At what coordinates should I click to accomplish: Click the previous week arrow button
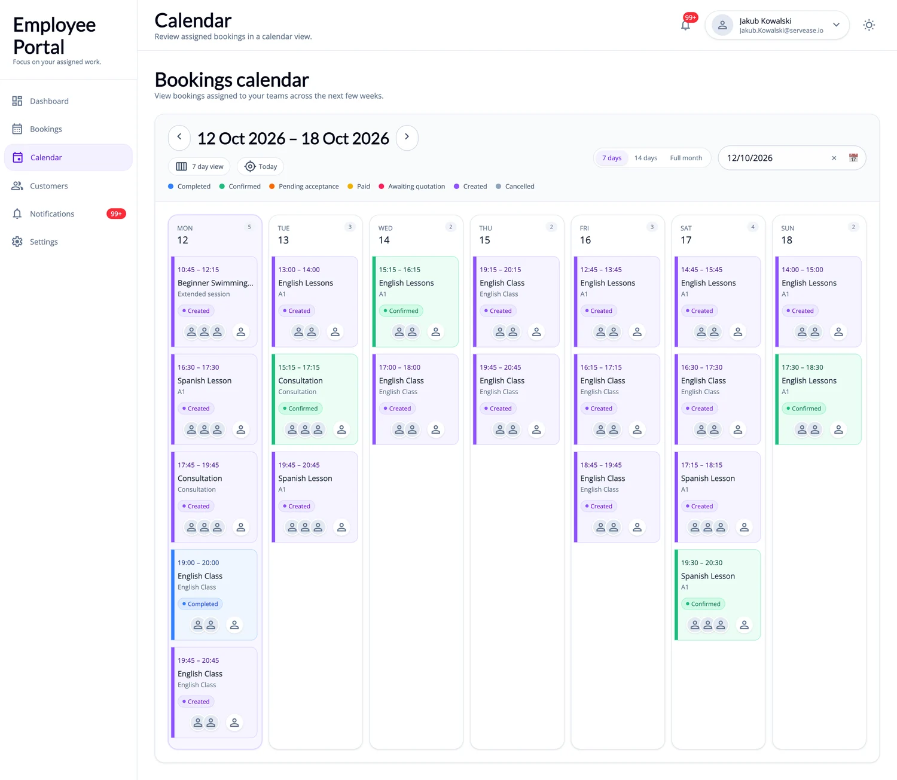(x=179, y=137)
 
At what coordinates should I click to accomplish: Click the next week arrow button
(x=407, y=137)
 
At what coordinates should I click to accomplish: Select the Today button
(x=260, y=167)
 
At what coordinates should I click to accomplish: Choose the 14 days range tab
(x=645, y=158)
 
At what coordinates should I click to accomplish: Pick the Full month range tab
(x=686, y=158)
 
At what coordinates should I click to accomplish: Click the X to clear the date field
(x=834, y=158)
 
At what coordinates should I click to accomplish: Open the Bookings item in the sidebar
(x=46, y=129)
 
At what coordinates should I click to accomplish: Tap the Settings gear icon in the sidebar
(x=17, y=242)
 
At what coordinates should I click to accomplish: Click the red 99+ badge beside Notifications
(x=116, y=214)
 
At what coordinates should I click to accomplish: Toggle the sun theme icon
(x=868, y=25)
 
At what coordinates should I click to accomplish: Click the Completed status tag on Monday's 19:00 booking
(x=200, y=604)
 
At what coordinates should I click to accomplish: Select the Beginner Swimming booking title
(x=215, y=283)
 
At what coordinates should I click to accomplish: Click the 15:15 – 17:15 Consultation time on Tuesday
(x=299, y=367)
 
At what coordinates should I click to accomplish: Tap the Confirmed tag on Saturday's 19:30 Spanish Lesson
(x=703, y=604)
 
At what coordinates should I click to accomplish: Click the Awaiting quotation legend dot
(x=382, y=187)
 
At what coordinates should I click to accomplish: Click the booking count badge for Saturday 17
(x=752, y=227)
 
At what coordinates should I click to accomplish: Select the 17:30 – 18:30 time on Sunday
(x=803, y=367)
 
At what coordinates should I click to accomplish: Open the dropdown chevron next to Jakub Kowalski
(x=836, y=25)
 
